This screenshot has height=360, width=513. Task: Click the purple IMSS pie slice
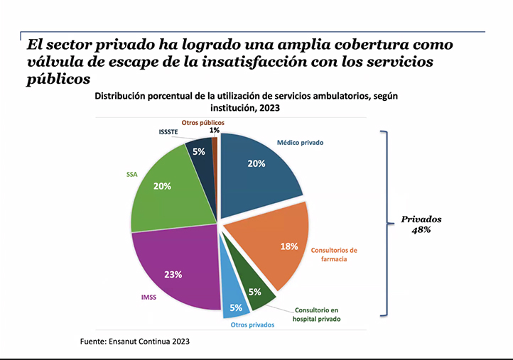pyautogui.click(x=174, y=270)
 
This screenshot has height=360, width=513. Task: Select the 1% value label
pyautogui.click(x=214, y=130)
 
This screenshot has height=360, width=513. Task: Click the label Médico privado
pyautogui.click(x=301, y=143)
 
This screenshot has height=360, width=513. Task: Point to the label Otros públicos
pyautogui.click(x=203, y=123)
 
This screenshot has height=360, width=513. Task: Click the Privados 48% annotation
pyautogui.click(x=421, y=225)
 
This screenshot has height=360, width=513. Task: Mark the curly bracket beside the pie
pyautogui.click(x=387, y=222)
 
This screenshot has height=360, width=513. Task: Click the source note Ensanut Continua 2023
pyautogui.click(x=135, y=342)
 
